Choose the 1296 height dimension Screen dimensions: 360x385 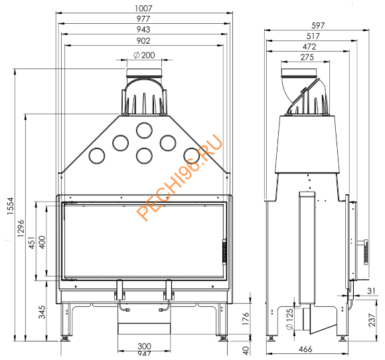click(21, 228)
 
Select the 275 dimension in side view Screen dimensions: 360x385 click(306, 58)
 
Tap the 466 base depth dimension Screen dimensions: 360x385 click(306, 349)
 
